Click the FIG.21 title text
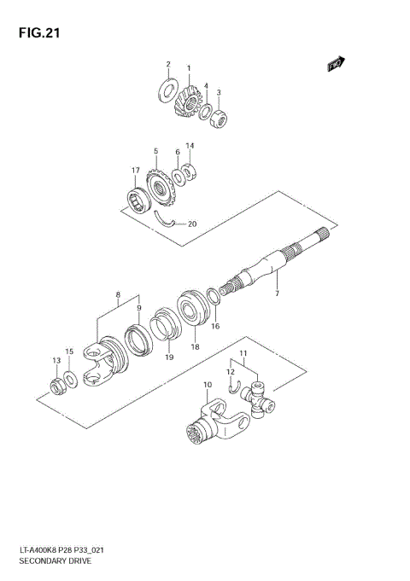click(x=37, y=33)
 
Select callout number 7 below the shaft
click(x=277, y=293)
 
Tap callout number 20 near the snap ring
click(x=192, y=224)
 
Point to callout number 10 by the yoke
click(x=207, y=386)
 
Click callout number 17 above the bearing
click(x=135, y=171)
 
